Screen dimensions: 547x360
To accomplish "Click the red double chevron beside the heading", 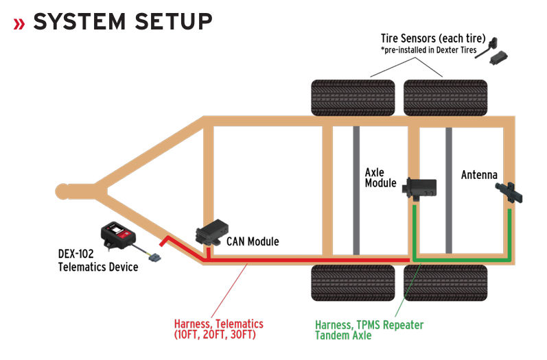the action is [19, 24].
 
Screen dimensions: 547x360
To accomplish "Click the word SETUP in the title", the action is [174, 22].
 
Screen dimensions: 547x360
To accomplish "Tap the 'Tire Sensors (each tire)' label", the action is [433, 38].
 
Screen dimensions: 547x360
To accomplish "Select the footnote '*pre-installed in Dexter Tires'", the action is [428, 50].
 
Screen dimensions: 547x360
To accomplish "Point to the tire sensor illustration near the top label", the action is [491, 51].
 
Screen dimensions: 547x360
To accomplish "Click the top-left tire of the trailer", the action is [353, 97].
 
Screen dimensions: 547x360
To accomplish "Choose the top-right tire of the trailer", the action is [445, 97].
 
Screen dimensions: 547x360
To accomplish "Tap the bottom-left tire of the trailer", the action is [353, 283].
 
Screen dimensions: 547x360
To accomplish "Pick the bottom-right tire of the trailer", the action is [445, 283].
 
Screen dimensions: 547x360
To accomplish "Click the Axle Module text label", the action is [381, 178].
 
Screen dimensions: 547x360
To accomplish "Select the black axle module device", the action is [419, 189].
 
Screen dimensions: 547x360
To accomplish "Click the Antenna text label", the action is [479, 175].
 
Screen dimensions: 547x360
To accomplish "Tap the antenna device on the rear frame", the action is [509, 193].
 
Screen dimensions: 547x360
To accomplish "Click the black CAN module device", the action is [212, 232].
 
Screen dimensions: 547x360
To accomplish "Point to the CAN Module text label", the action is [253, 241].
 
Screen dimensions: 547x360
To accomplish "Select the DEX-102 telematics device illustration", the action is [118, 235].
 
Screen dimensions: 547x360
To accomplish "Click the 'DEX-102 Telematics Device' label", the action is [98, 261].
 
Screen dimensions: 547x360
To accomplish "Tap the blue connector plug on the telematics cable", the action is [154, 258].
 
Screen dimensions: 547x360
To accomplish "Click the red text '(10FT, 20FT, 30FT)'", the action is [215, 335].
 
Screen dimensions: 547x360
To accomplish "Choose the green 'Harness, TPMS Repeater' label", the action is [369, 325].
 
